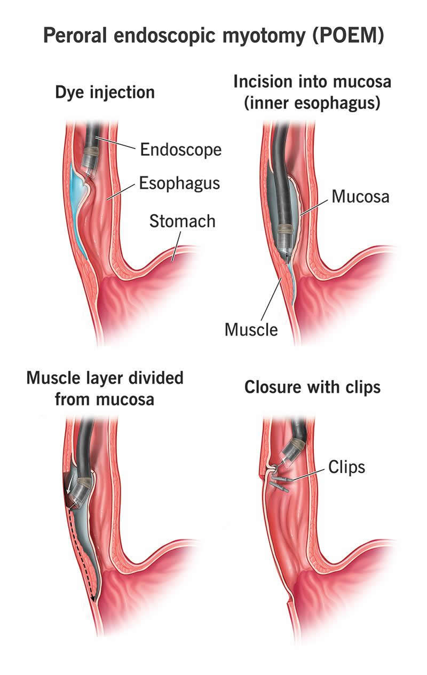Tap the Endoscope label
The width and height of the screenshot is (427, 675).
pos(181,150)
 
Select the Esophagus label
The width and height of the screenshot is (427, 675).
pos(180,183)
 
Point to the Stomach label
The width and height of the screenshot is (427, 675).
pos(183,221)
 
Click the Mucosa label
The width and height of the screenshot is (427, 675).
pos(360,197)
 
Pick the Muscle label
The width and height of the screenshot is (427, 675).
pos(251,329)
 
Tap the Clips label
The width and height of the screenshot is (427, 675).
pos(346,467)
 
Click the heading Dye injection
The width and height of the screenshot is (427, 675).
pos(105,92)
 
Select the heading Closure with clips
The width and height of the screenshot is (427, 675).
pos(312,387)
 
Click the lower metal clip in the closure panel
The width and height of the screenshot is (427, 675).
pos(280,487)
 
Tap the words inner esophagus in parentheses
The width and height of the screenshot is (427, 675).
pos(312,103)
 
